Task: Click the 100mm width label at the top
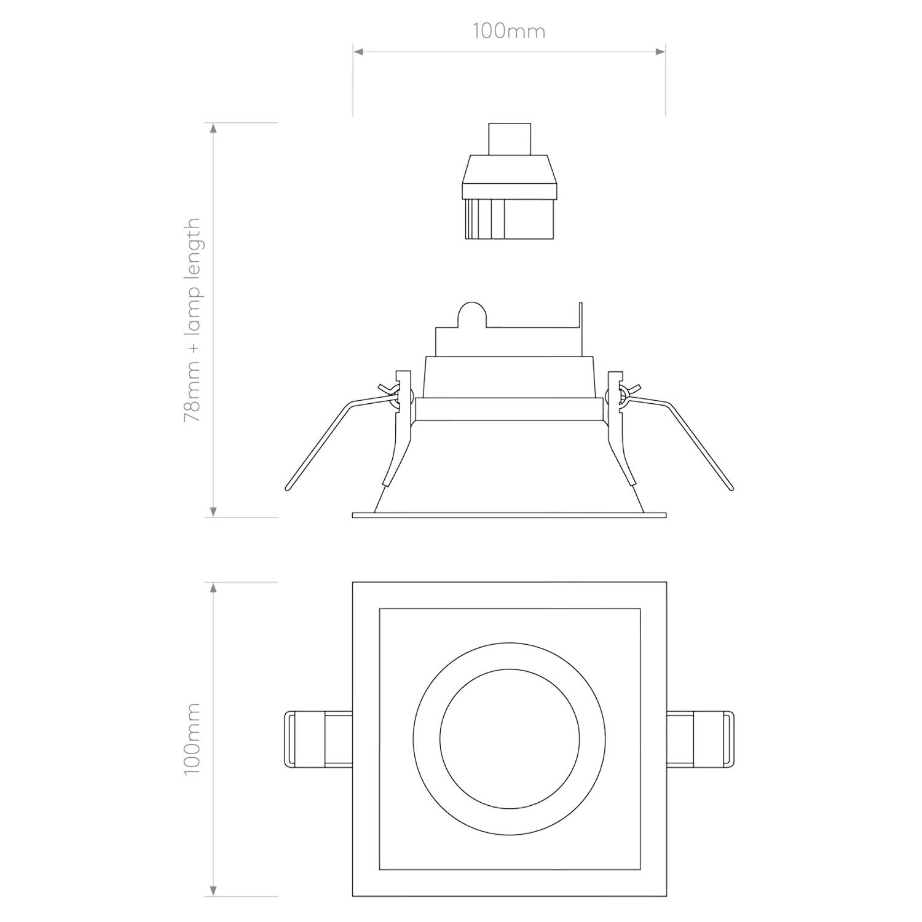[x=508, y=31]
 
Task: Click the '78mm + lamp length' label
[x=192, y=320]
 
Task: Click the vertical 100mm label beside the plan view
[x=192, y=739]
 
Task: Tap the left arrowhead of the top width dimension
[x=358, y=52]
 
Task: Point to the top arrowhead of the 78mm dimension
[x=213, y=128]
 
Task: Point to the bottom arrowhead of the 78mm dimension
[x=213, y=511]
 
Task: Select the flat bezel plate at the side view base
[x=509, y=514]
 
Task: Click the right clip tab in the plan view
[x=701, y=739]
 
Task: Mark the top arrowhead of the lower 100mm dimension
[x=213, y=588]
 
